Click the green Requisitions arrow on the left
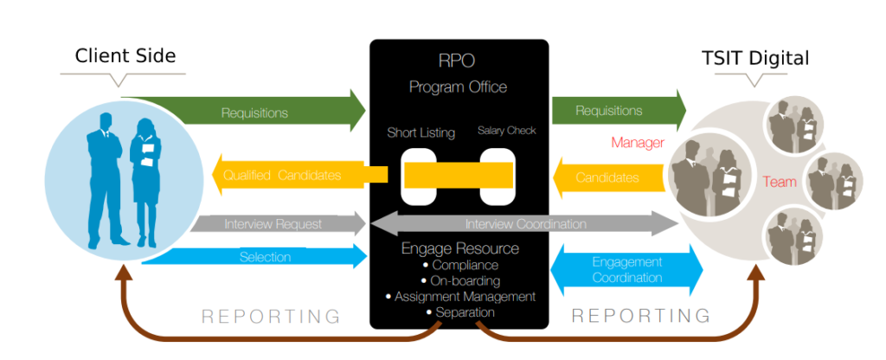click(251, 112)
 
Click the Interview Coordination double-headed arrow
click(525, 224)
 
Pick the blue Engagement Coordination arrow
click(626, 270)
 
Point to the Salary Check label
click(507, 131)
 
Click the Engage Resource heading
click(459, 248)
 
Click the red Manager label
click(637, 143)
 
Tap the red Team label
click(779, 182)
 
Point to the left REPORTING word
click(271, 316)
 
